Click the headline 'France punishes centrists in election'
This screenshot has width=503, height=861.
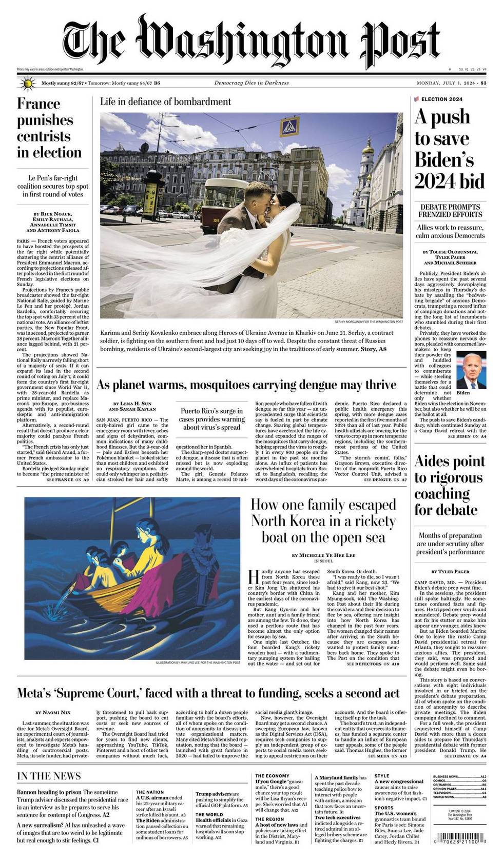point(49,128)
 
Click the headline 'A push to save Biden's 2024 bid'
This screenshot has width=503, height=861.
point(449,149)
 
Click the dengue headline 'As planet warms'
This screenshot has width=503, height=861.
point(246,385)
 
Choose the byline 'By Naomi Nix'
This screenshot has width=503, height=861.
point(53,712)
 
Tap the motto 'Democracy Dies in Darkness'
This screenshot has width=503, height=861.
point(252,83)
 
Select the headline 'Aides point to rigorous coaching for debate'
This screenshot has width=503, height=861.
point(449,485)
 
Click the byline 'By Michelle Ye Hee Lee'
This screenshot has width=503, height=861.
point(323,555)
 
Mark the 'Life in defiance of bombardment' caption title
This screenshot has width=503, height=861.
point(165,102)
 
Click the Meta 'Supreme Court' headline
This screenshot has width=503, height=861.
point(208,693)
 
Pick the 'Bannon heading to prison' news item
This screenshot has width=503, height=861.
point(49,792)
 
